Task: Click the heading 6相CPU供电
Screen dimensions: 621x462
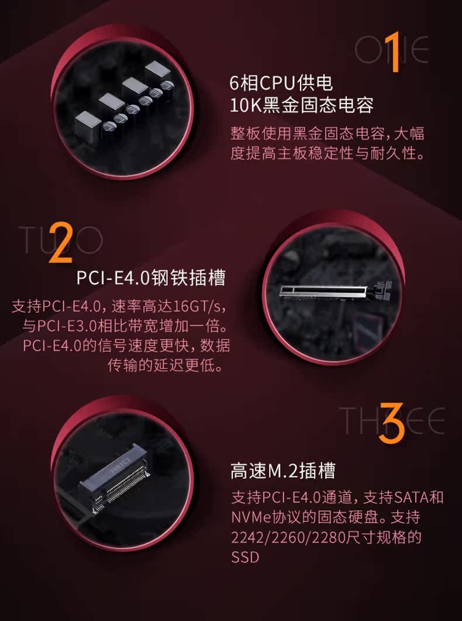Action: tap(281, 83)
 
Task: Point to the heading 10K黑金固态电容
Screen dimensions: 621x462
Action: tap(302, 105)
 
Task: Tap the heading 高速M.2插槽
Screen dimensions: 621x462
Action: tap(283, 471)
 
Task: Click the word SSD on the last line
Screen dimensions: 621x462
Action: tap(245, 557)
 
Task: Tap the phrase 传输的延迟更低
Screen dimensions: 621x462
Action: tap(165, 366)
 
